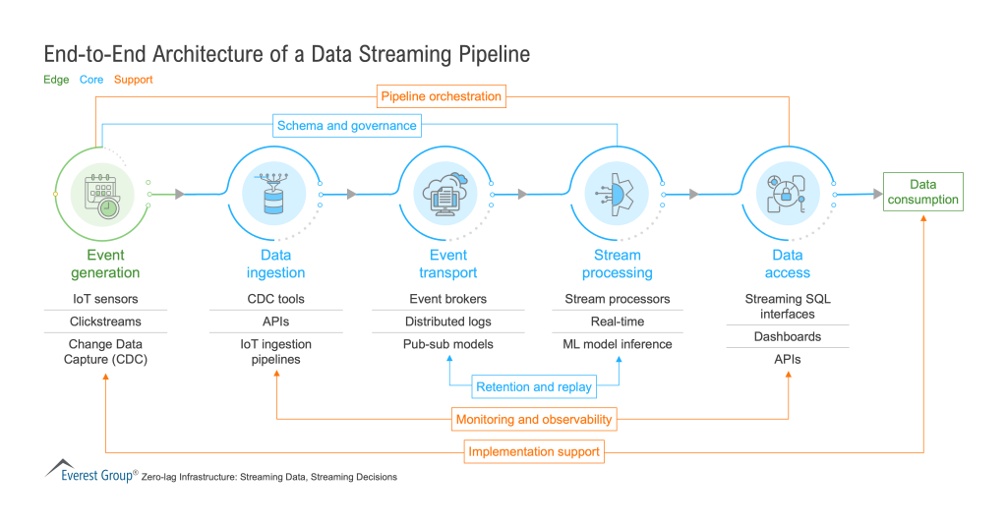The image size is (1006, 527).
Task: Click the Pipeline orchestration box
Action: coord(441,96)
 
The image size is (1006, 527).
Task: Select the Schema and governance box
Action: coord(347,126)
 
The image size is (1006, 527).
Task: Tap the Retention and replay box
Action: coord(534,386)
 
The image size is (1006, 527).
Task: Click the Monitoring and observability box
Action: coord(534,419)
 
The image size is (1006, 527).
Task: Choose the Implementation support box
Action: coord(534,452)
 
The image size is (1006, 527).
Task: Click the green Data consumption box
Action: coord(921,192)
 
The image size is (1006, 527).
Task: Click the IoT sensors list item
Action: coord(105,299)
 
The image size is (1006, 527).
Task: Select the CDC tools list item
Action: coord(275,299)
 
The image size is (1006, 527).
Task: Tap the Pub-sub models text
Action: coord(448,344)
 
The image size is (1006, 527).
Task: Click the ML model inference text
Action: coord(618,344)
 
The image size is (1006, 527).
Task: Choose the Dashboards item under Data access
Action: coord(788,336)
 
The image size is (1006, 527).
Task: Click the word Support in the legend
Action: coord(133,80)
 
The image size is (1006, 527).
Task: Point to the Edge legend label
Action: coord(56,80)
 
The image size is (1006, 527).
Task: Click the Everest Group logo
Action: coord(89,471)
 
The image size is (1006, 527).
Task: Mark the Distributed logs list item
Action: coord(448,322)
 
